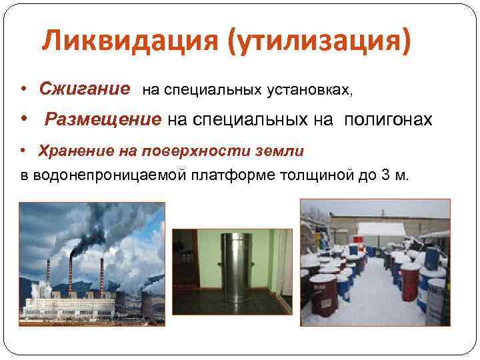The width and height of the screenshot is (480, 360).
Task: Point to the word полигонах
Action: click(388, 120)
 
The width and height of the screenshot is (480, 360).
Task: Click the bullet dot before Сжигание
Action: click(23, 89)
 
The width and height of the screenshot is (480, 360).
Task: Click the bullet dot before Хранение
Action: click(23, 151)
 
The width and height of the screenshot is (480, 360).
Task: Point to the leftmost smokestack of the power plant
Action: click(47, 277)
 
